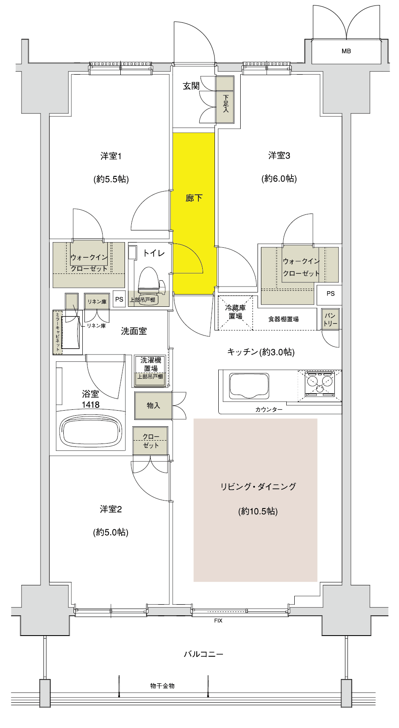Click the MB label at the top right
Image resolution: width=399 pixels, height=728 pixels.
pyautogui.click(x=346, y=51)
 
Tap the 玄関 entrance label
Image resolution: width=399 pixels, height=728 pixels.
pyautogui.click(x=191, y=86)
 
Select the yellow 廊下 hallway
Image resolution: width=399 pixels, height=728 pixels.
pyautogui.click(x=193, y=213)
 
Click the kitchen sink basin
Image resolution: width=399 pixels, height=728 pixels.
pyautogui.click(x=249, y=385)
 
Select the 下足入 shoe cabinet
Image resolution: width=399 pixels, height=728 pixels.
pyautogui.click(x=225, y=100)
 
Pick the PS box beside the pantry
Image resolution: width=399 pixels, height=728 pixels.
pyautogui.click(x=330, y=293)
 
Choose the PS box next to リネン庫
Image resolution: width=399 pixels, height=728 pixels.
pyautogui.click(x=119, y=299)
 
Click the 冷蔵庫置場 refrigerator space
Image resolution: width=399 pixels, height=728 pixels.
pyautogui.click(x=235, y=312)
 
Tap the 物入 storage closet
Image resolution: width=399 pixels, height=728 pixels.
pyautogui.click(x=153, y=406)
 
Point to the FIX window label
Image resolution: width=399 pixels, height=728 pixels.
pyautogui.click(x=218, y=621)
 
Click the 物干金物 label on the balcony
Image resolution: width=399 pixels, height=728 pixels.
pyautogui.click(x=162, y=686)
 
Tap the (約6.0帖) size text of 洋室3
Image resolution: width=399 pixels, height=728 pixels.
pyautogui.click(x=279, y=179)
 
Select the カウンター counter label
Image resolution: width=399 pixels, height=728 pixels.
pyautogui.click(x=269, y=409)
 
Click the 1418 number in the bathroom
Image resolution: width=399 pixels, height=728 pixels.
pyautogui.click(x=90, y=405)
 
